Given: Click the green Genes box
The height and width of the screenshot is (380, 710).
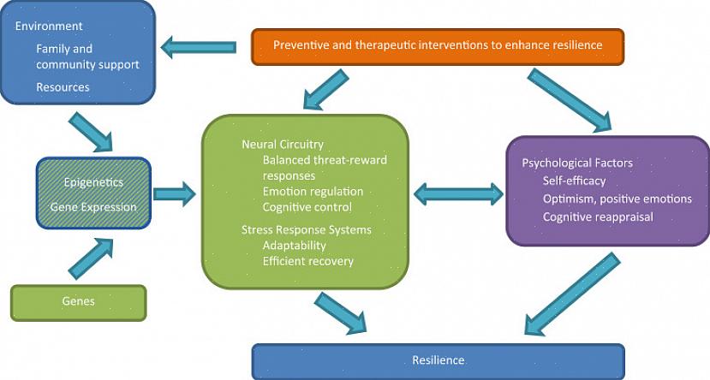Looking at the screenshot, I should click(78, 302).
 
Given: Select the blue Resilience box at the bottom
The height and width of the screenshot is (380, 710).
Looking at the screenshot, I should click(438, 360).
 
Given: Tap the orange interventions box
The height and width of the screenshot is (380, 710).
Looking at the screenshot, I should click(438, 45).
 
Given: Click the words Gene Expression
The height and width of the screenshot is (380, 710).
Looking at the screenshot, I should click(93, 207).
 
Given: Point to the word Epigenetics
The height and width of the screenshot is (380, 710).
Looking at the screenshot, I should click(93, 182).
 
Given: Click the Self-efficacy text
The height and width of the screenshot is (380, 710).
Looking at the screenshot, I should click(574, 181).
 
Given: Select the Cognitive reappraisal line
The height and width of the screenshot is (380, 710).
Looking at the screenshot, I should click(598, 217).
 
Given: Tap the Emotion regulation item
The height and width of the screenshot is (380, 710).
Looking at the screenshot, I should click(313, 192).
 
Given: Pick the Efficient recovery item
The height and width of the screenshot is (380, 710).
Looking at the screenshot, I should click(308, 261).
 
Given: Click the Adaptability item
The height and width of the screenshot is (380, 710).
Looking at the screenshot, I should click(295, 246).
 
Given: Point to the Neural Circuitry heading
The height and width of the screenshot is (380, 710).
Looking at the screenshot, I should click(283, 145).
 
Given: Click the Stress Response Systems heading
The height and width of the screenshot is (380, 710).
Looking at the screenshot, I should click(307, 229).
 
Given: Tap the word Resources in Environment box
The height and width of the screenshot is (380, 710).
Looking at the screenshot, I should click(63, 87).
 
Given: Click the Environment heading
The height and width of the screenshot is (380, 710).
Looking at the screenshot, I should click(49, 27).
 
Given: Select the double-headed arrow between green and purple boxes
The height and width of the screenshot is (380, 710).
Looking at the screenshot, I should click(459, 194).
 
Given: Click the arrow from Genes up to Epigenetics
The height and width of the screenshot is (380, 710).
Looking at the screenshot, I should click(91, 259).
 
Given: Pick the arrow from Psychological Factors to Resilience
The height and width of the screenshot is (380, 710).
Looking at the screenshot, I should click(571, 294).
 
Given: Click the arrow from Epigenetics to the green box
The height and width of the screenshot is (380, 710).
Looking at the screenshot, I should click(174, 194).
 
